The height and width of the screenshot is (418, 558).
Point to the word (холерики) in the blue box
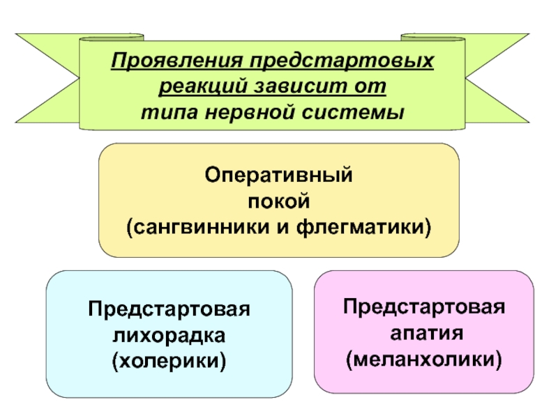[x=169, y=360]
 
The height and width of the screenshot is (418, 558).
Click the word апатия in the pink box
[x=424, y=333]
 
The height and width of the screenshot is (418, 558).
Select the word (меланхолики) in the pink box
[x=424, y=359]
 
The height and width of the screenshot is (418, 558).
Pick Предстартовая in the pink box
[x=424, y=307]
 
